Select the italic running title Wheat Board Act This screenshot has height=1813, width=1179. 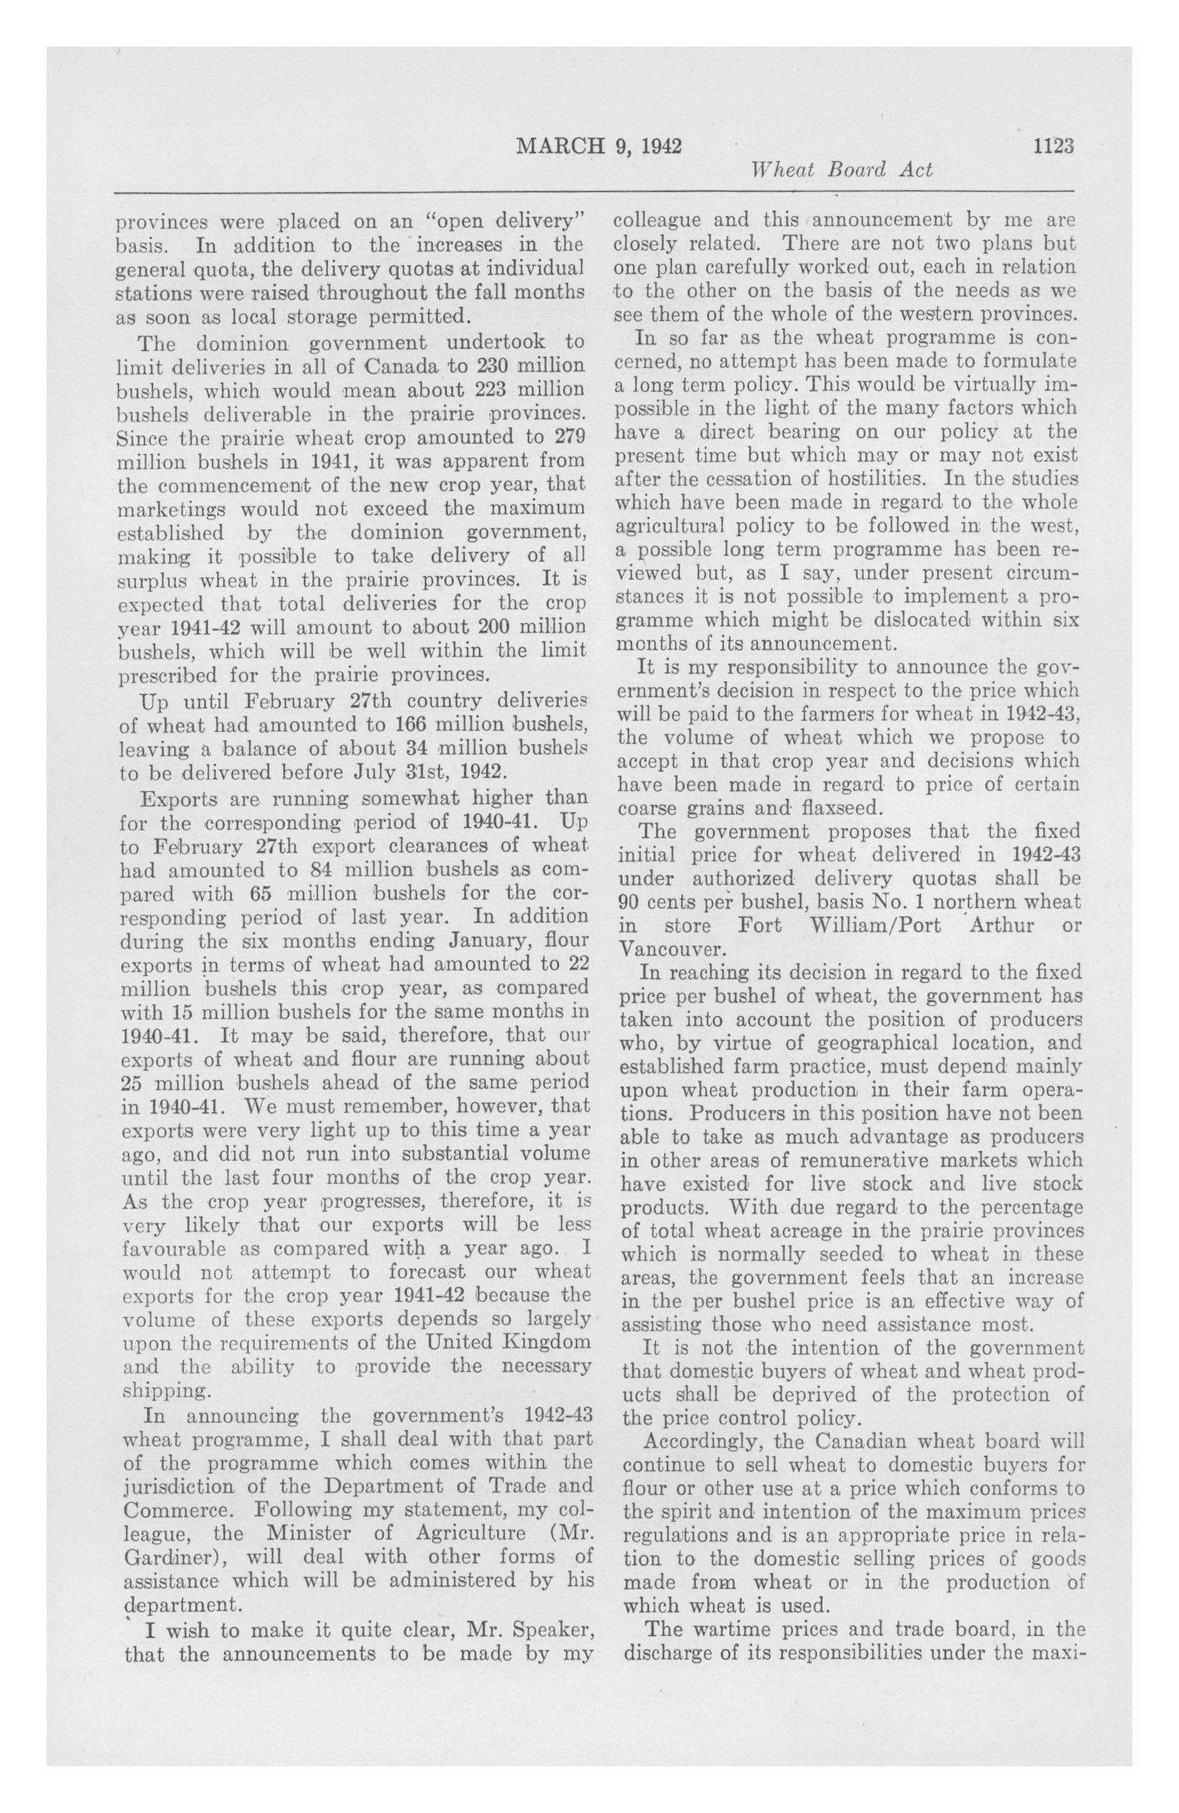click(842, 169)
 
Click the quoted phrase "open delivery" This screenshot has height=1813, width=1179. click(508, 223)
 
